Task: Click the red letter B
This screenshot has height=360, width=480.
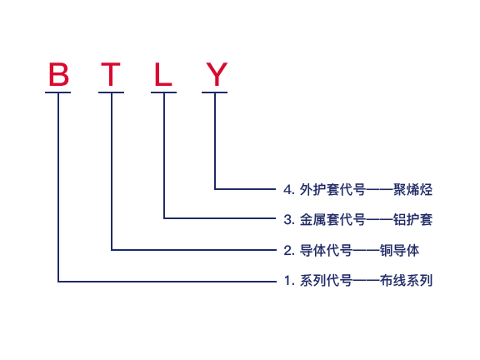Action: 59,74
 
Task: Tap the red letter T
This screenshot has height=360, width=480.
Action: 111,74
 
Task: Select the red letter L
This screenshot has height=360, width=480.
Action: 163,74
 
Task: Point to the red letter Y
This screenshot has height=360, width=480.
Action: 217,74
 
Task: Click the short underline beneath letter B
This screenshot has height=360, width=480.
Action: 57,92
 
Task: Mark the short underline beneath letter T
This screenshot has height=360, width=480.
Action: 111,92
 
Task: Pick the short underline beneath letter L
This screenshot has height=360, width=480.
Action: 164,92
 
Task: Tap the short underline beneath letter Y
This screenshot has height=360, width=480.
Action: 215,92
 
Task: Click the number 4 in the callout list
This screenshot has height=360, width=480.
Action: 287,190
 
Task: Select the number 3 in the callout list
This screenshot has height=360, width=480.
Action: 287,219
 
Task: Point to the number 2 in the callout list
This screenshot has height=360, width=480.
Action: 287,250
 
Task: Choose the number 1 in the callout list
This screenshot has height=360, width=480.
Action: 287,280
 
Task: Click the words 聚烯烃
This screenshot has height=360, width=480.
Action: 412,190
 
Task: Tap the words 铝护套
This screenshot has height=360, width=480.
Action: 412,219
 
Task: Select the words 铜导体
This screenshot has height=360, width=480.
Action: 399,250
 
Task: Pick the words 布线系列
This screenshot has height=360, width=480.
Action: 406,280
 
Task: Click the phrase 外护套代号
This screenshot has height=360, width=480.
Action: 332,190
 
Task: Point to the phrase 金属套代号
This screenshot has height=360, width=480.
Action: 332,219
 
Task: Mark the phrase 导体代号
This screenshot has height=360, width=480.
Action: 326,250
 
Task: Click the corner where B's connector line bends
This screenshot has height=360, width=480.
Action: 58,282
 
